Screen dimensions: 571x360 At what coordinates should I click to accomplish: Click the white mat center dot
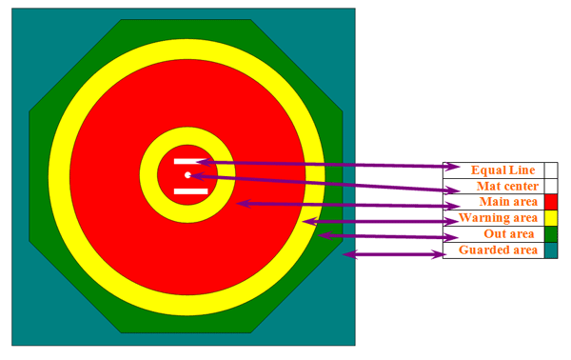[x=187, y=175]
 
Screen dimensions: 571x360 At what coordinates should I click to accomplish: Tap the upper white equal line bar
[x=190, y=161]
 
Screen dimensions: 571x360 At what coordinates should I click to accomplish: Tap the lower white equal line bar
[x=190, y=191]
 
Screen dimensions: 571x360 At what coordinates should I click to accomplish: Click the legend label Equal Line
[x=502, y=170]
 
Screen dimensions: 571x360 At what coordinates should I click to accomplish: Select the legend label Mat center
[x=507, y=187]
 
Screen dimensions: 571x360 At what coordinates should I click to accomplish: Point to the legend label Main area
[x=508, y=202]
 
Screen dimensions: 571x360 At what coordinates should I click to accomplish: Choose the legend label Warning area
[x=498, y=217]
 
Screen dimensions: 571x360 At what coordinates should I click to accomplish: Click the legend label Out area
[x=509, y=233]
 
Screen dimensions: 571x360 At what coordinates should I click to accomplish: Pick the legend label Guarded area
[x=498, y=250]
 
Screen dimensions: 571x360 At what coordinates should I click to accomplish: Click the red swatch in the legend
[x=551, y=202]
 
